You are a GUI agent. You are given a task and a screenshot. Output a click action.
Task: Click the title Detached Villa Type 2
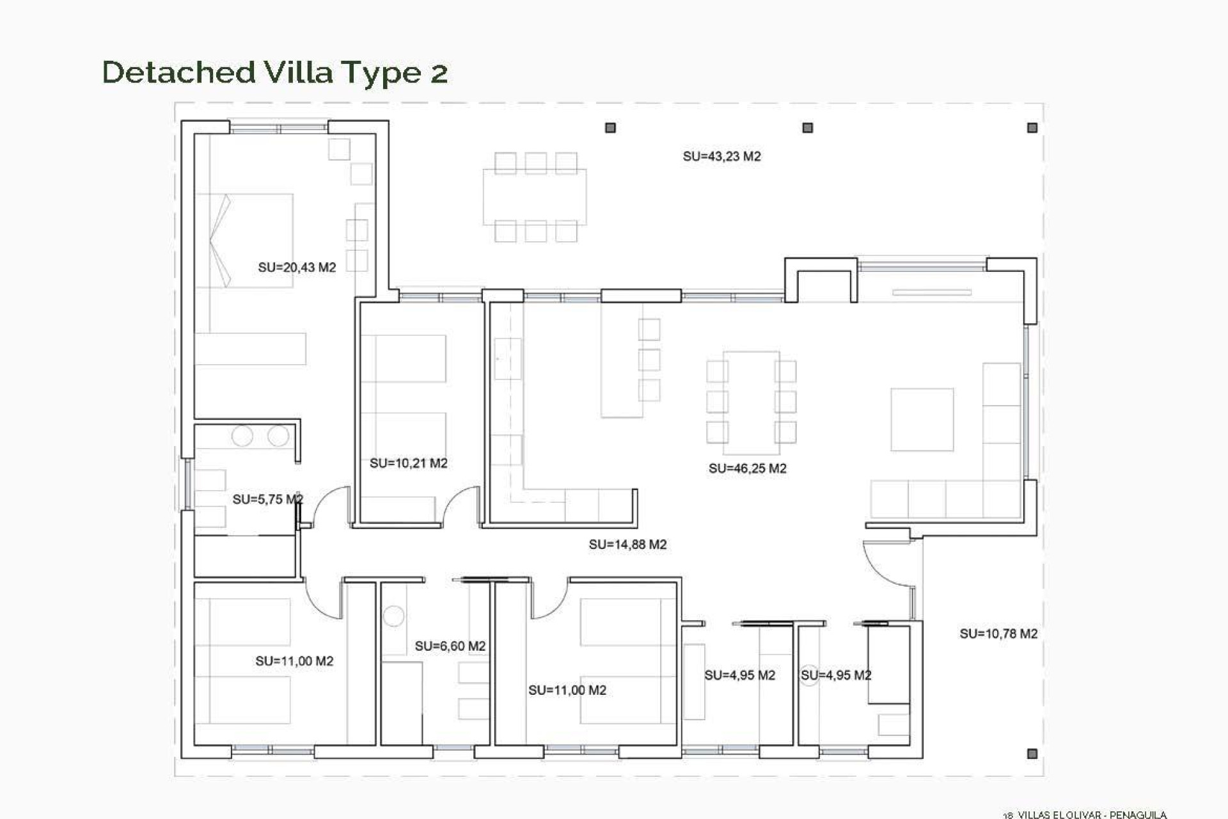pos(274,72)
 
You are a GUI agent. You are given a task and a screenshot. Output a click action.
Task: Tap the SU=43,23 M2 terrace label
pos(721,156)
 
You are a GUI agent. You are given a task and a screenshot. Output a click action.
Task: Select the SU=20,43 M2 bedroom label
pos(297,267)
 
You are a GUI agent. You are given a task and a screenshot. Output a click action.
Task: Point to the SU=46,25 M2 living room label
pos(747,468)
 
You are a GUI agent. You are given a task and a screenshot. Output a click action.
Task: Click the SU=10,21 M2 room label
pos(408,463)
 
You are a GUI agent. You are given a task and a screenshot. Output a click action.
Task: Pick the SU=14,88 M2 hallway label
pos(627,545)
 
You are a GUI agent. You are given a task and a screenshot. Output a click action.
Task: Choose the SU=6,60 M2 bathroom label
pos(450,646)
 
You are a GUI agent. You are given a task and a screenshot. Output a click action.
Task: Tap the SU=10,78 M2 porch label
pos(998,633)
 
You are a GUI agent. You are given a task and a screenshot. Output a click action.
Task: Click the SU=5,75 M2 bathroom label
pos(267,499)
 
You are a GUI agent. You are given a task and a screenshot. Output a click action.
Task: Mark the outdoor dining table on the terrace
pos(535,196)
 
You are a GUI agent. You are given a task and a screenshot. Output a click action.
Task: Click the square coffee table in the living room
pos(922,419)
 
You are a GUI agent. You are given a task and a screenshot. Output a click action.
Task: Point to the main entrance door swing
pos(886,563)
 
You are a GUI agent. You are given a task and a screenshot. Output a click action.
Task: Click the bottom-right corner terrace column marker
pos(1032,754)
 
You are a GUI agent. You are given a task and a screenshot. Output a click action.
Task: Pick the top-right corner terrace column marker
pos(1032,128)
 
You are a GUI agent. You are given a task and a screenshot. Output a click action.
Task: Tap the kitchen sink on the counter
pos(508,358)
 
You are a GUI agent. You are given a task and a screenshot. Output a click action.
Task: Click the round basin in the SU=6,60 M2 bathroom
pos(393,616)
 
